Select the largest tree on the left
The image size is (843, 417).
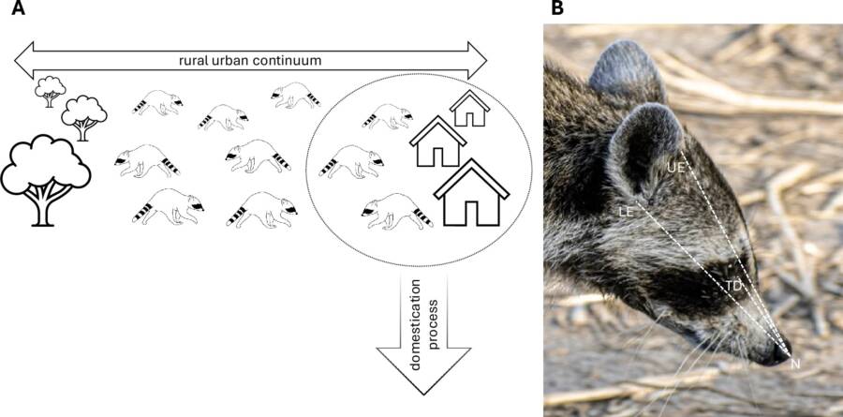click(46, 175)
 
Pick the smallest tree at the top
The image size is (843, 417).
click(50, 91)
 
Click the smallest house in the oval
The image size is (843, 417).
click(469, 109)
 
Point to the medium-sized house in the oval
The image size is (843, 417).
click(438, 142)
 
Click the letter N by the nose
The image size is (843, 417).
click(795, 364)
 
